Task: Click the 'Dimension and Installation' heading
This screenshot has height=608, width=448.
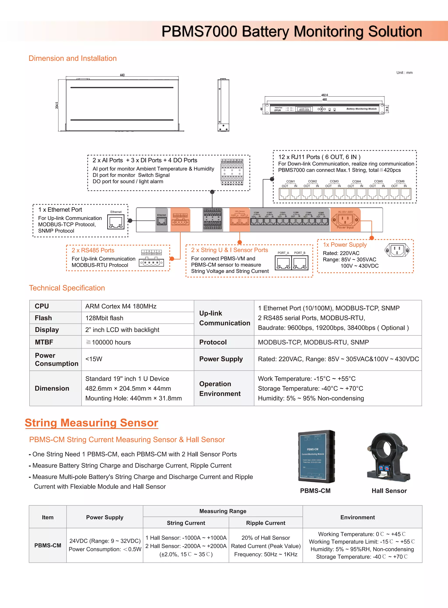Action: pos(72,58)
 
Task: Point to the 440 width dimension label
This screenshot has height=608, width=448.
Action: pos(122,75)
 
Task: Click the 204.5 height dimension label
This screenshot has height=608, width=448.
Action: pos(57,105)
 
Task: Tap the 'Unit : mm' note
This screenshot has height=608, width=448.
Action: pos(404,72)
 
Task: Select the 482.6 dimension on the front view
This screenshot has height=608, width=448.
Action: pos(324,95)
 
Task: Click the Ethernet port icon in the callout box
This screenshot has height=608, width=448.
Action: pos(115,222)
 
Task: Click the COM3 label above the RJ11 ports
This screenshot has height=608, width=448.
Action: pos(334,181)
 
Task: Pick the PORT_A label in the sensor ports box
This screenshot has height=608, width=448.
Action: pos(283,253)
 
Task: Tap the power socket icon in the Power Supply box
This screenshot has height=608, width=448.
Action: pos(397,250)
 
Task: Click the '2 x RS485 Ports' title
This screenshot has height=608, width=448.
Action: pos(93,250)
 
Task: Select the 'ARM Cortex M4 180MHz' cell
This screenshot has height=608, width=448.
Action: pos(121,306)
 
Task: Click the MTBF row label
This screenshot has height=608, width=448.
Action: pos(44,342)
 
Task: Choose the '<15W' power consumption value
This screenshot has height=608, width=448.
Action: pos(94,359)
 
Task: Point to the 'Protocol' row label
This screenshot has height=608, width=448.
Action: pos(213,342)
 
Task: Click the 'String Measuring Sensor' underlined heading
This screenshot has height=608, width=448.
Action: pos(91,423)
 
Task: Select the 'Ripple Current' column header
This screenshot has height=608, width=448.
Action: pos(266,523)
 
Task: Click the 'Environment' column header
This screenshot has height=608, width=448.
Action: pos(357,517)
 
